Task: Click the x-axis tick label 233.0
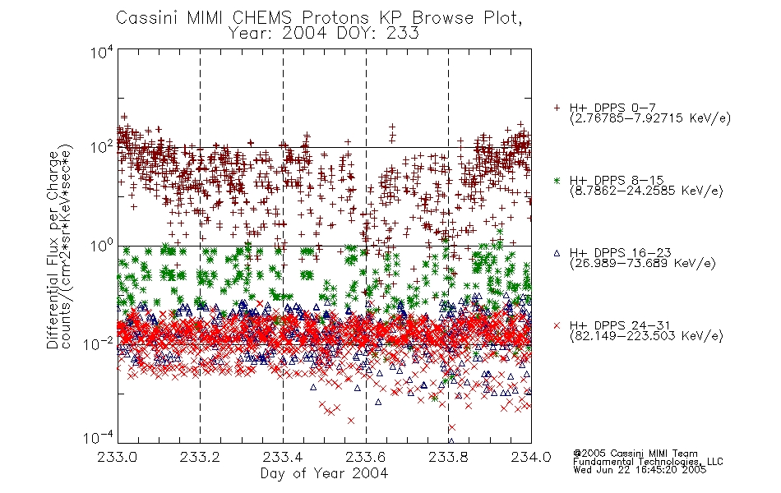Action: [117, 457]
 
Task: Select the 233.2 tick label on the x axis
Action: [200, 457]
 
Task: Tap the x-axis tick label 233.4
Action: [283, 457]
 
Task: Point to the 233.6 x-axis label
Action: [366, 457]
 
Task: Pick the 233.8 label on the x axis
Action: [448, 457]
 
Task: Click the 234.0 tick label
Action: [531, 457]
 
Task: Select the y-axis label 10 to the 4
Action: [102, 52]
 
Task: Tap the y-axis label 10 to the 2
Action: [102, 147]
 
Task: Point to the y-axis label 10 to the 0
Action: [102, 246]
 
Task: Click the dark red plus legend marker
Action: [557, 108]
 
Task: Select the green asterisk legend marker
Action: [557, 180]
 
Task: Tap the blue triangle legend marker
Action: [557, 253]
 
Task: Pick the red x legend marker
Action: [557, 325]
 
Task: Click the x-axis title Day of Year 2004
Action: [324, 473]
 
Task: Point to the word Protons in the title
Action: [335, 18]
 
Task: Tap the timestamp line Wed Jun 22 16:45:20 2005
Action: [640, 469]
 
